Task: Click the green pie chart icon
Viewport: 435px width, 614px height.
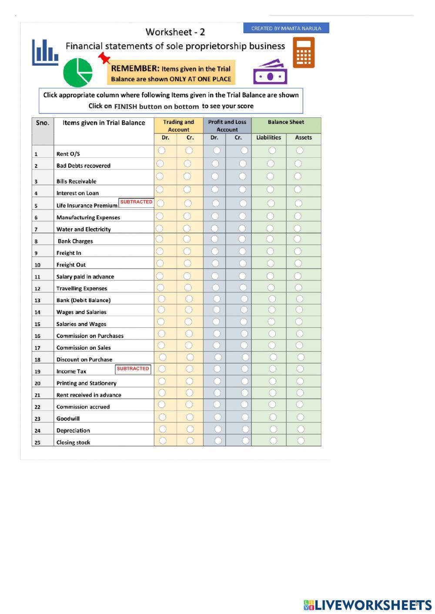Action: click(x=78, y=73)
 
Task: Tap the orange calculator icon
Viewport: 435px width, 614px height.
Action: click(x=303, y=53)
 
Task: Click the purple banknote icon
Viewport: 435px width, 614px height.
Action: click(x=270, y=73)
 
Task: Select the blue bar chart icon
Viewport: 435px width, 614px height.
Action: click(x=45, y=53)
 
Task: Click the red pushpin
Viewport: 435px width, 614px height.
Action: click(x=104, y=58)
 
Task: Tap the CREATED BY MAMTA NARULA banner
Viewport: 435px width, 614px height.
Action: click(x=286, y=28)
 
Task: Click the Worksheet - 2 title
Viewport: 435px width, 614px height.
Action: click(x=175, y=32)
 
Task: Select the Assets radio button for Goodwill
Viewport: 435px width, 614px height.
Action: click(x=300, y=417)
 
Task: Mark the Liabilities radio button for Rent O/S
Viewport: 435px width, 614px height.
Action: click(x=272, y=150)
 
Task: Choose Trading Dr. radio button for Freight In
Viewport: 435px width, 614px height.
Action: click(x=160, y=251)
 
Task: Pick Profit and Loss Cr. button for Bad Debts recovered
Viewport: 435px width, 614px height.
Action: click(x=243, y=164)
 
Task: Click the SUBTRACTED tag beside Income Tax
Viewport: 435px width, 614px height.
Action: click(x=133, y=369)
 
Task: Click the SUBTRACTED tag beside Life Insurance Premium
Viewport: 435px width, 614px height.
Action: click(x=136, y=202)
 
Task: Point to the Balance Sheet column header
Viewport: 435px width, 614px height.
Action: click(x=286, y=122)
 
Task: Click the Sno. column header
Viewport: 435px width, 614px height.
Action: click(x=43, y=123)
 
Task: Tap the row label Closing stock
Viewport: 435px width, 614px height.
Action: click(x=73, y=442)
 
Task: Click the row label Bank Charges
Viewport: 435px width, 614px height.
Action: click(x=75, y=241)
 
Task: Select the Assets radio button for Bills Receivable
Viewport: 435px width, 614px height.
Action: click(x=298, y=176)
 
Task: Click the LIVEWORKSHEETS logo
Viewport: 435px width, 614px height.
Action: click(x=368, y=604)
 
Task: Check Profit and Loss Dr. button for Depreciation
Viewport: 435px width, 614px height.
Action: click(x=217, y=429)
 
